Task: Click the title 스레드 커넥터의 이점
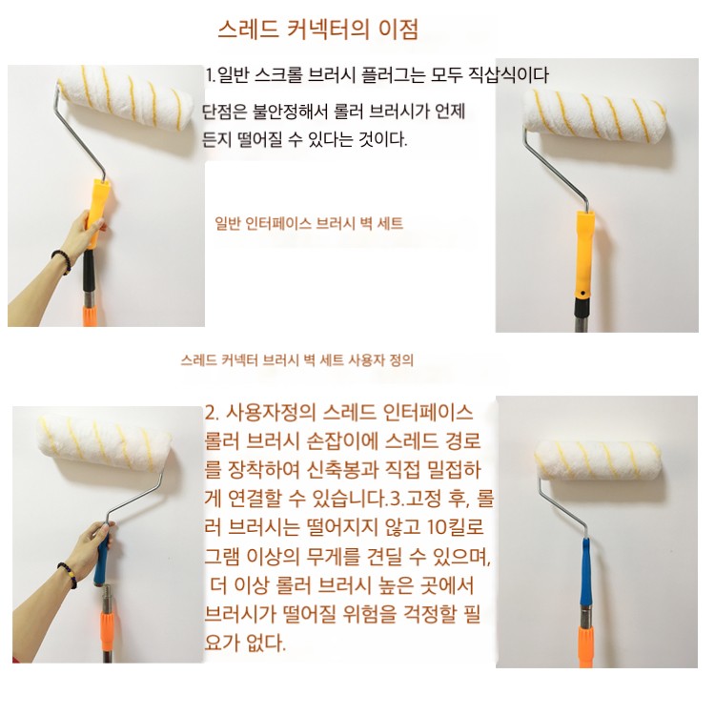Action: (x=317, y=31)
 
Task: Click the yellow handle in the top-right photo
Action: (x=583, y=254)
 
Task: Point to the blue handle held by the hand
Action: (x=103, y=560)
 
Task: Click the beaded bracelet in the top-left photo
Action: (x=62, y=260)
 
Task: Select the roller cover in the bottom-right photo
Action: (x=599, y=460)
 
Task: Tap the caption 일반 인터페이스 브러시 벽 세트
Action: (x=309, y=223)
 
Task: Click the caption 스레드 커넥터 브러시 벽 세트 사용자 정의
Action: (x=297, y=360)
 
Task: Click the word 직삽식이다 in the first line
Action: (x=509, y=74)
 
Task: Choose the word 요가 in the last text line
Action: (x=222, y=643)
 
